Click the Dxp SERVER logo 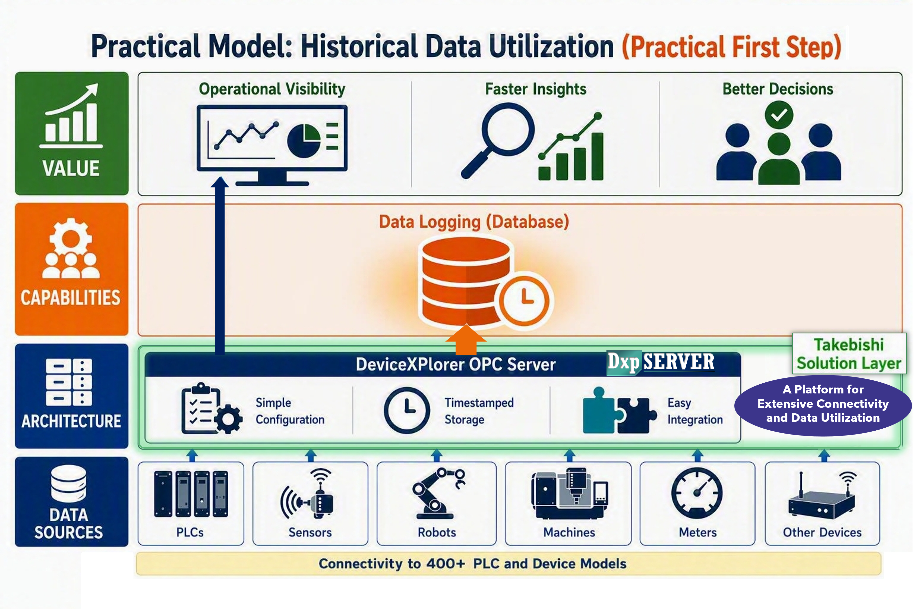(661, 362)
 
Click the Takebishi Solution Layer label (849, 353)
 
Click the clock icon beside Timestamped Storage (407, 410)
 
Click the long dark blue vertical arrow (220, 266)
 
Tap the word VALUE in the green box (71, 169)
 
